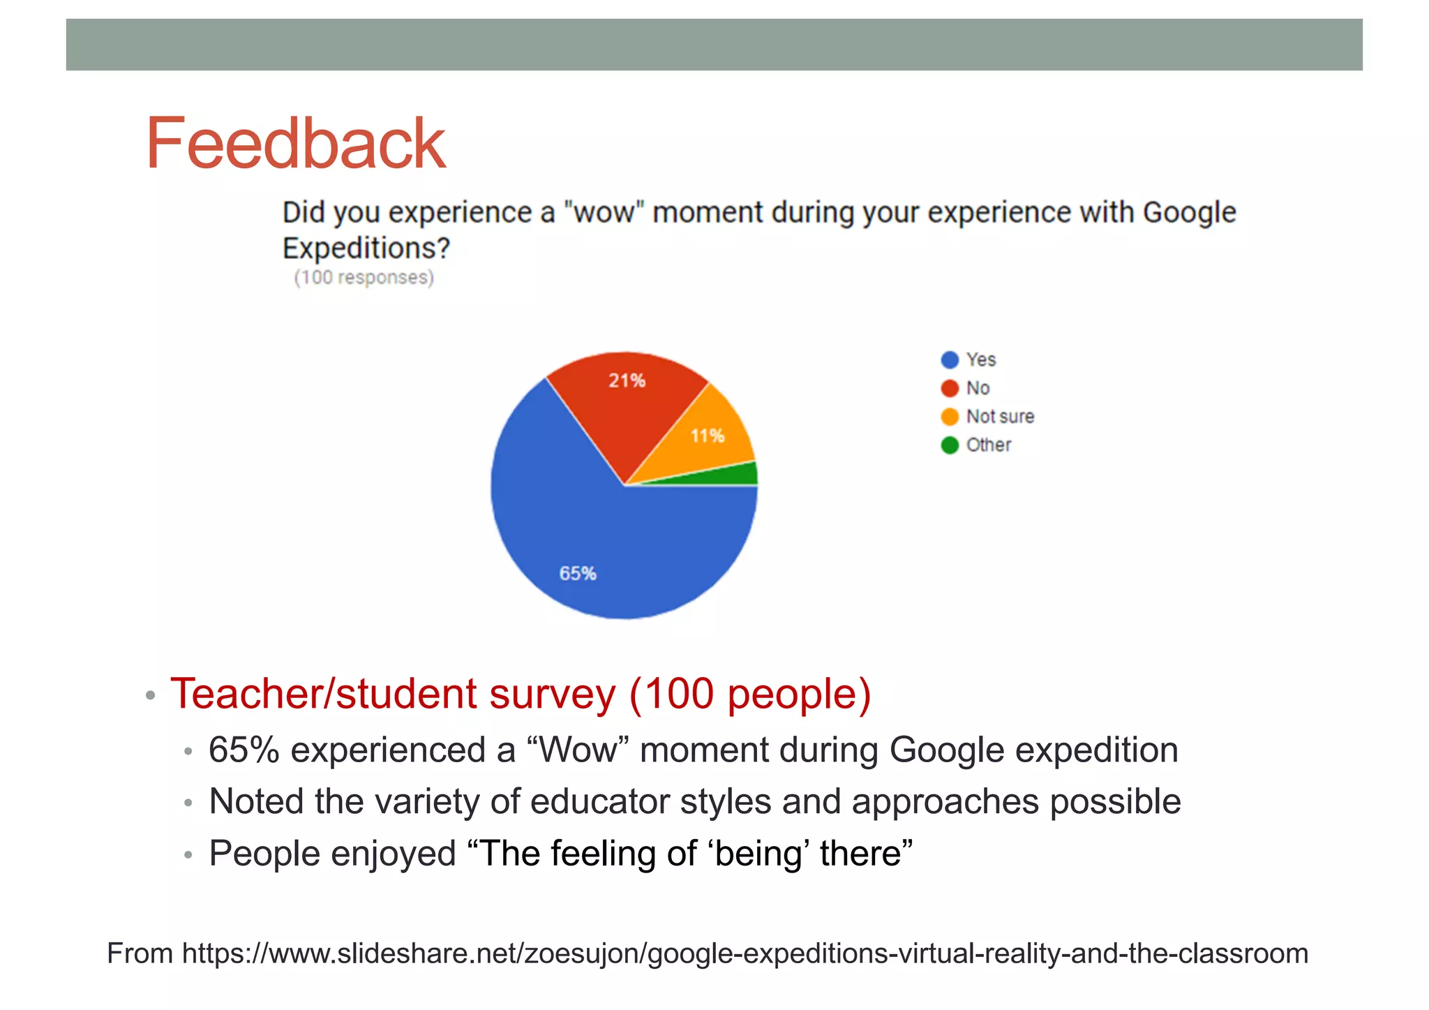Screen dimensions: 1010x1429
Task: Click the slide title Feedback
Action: [x=295, y=144]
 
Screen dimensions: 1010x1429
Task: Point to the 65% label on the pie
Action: [x=578, y=574]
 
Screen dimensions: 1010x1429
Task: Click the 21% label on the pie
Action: [x=627, y=381]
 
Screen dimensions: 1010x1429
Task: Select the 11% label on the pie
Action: [x=708, y=436]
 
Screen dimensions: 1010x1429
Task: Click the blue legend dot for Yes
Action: [x=950, y=360]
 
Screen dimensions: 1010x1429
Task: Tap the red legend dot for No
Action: [x=950, y=388]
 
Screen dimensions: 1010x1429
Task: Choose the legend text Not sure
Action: [x=1000, y=417]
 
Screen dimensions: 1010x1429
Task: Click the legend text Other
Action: [x=989, y=445]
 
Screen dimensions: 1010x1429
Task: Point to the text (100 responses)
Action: [x=364, y=278]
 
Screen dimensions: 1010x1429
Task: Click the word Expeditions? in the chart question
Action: [x=366, y=248]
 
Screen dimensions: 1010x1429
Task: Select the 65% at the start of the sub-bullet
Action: [x=244, y=750]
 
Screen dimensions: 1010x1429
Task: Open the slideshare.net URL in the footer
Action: [x=745, y=953]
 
